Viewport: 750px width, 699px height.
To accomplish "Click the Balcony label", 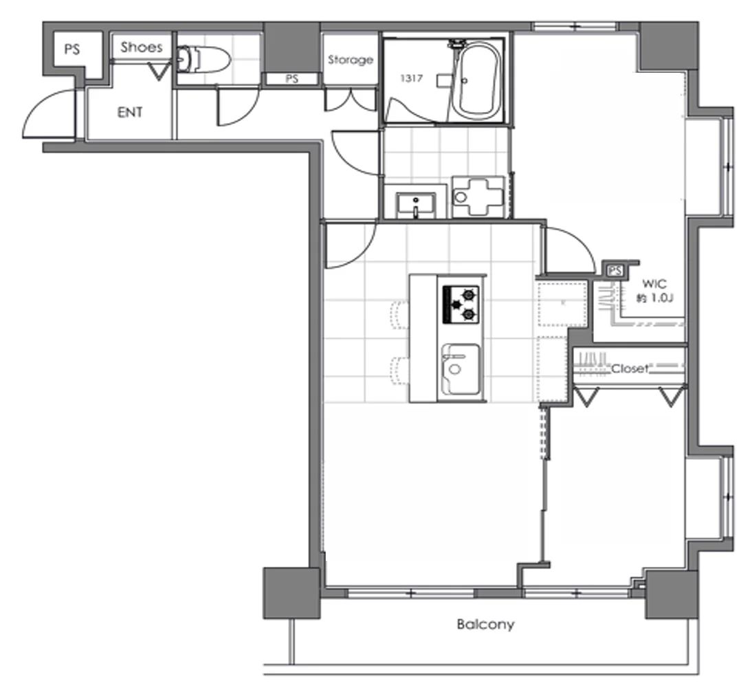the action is [485, 624].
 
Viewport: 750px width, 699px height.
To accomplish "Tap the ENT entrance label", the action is [130, 112].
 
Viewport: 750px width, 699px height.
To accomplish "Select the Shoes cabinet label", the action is [142, 47].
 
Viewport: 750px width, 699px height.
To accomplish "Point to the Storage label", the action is [351, 60].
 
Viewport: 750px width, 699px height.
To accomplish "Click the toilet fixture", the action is [203, 59].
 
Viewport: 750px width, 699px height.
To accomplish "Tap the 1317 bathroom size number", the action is [411, 78].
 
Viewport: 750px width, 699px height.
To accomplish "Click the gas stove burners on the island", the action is [461, 304].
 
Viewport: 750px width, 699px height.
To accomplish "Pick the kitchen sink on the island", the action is [461, 368].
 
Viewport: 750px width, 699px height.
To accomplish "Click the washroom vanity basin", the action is [416, 205].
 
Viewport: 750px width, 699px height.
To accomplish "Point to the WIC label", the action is [655, 284].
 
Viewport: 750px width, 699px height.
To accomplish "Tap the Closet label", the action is [630, 368].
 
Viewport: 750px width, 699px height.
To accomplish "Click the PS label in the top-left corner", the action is [72, 49].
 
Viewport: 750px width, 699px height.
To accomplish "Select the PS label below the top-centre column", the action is [291, 79].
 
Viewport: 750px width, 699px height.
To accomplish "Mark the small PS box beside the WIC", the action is [615, 271].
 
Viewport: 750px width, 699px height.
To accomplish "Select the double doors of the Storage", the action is [351, 100].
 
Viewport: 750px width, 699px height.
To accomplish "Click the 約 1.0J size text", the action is [655, 298].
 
